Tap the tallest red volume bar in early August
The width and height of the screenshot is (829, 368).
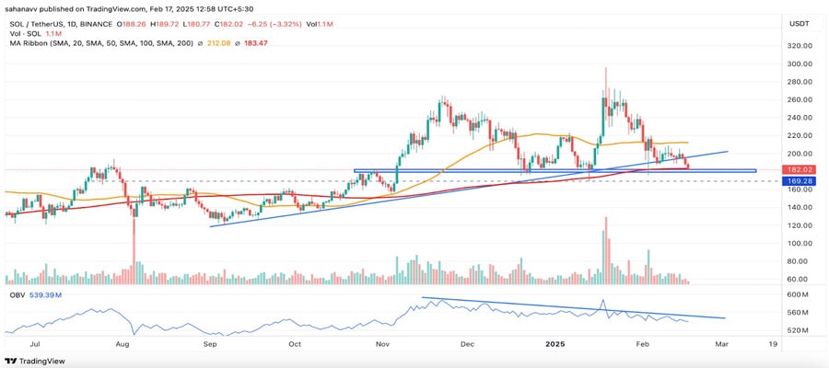pyautogui.click(x=134, y=258)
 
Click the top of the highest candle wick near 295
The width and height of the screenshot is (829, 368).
pyautogui.click(x=605, y=68)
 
